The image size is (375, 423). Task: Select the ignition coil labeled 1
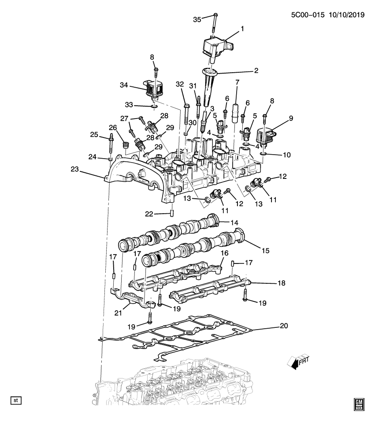coord(216,46)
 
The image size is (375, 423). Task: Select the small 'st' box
coord(16,401)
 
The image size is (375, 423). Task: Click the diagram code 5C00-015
coord(307,15)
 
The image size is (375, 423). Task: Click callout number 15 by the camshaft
coord(265,250)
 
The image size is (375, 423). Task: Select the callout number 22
coord(150,214)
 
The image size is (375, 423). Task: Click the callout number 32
coord(179,84)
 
